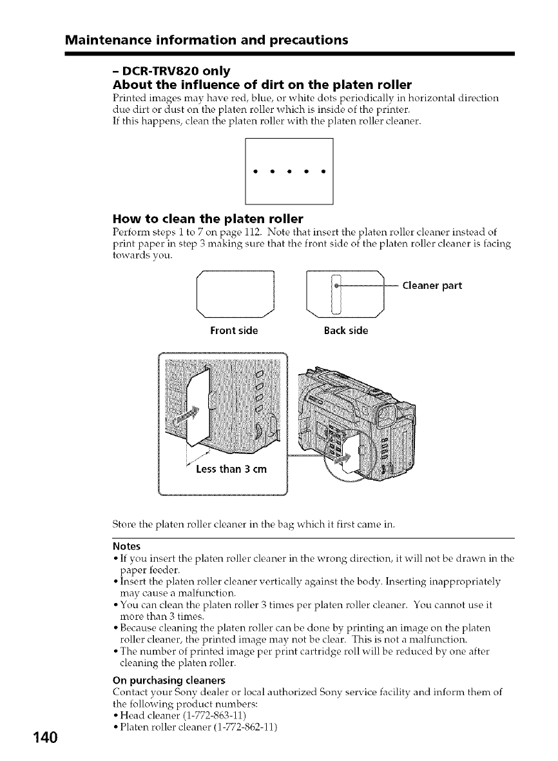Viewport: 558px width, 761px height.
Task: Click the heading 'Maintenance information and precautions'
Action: (x=206, y=40)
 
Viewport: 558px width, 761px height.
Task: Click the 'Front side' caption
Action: (x=234, y=331)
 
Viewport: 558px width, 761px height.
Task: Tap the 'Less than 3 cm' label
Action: (x=235, y=469)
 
